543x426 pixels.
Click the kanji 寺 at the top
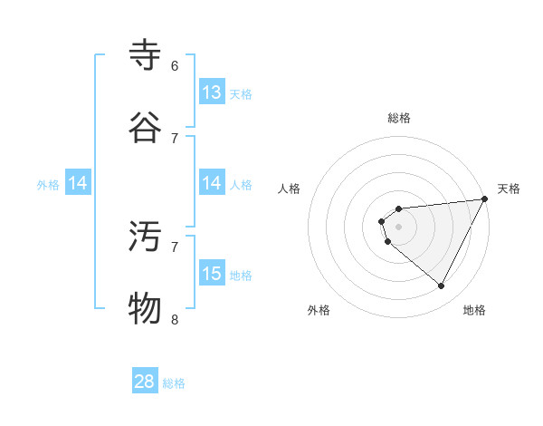tap(146, 55)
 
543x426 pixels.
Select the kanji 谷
tap(146, 128)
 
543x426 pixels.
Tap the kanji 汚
tap(146, 237)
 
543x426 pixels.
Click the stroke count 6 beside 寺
tap(175, 65)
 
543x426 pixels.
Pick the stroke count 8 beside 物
tap(175, 319)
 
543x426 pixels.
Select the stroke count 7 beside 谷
tap(175, 138)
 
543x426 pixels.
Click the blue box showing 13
tap(212, 92)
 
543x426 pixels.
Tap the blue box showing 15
tap(212, 274)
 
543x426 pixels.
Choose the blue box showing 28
tap(145, 382)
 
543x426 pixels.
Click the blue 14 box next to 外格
tap(78, 184)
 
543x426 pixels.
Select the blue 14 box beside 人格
tap(212, 183)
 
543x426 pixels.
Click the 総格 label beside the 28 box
tap(174, 383)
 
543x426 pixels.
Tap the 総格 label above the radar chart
tap(399, 118)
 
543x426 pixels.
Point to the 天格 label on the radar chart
tap(509, 189)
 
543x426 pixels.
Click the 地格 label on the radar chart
tap(474, 310)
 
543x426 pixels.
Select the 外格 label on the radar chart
tap(319, 310)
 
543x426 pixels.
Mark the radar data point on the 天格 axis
tap(485, 198)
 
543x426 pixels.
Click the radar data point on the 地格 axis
tap(442, 286)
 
